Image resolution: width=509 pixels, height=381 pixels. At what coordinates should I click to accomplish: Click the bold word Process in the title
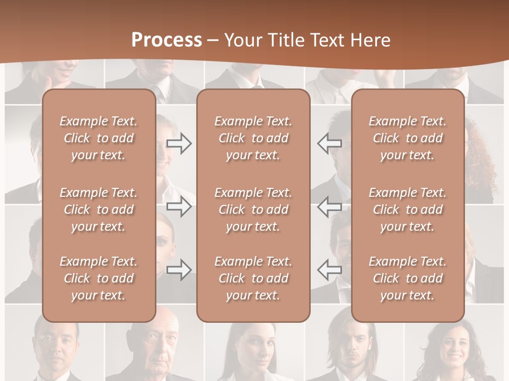pos(166,40)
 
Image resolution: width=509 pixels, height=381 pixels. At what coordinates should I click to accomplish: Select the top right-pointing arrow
pos(179,143)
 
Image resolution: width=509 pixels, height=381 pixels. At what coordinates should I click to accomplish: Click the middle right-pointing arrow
pos(179,206)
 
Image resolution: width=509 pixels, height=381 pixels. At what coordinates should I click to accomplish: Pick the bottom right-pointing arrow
pos(179,270)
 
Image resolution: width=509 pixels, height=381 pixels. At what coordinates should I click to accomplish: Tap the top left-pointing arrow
pos(329,143)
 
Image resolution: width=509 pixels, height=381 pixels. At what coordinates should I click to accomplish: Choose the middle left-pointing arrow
pos(329,206)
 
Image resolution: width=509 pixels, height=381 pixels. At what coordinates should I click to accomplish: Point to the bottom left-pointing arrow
pos(329,270)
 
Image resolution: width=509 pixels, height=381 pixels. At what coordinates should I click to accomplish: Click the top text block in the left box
pos(99,138)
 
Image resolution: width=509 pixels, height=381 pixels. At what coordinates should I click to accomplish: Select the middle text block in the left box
pos(99,210)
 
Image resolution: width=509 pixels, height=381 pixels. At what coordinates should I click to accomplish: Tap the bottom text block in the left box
pos(99,278)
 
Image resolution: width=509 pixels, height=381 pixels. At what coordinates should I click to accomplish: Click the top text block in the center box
pos(253,138)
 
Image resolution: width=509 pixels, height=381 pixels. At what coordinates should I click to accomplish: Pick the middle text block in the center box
pos(253,210)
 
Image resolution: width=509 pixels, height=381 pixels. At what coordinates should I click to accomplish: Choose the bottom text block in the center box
pos(253,278)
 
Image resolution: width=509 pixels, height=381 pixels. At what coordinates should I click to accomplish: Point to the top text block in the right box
pos(407,138)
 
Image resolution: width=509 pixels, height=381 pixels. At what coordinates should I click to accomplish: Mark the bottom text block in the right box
pos(407,278)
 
